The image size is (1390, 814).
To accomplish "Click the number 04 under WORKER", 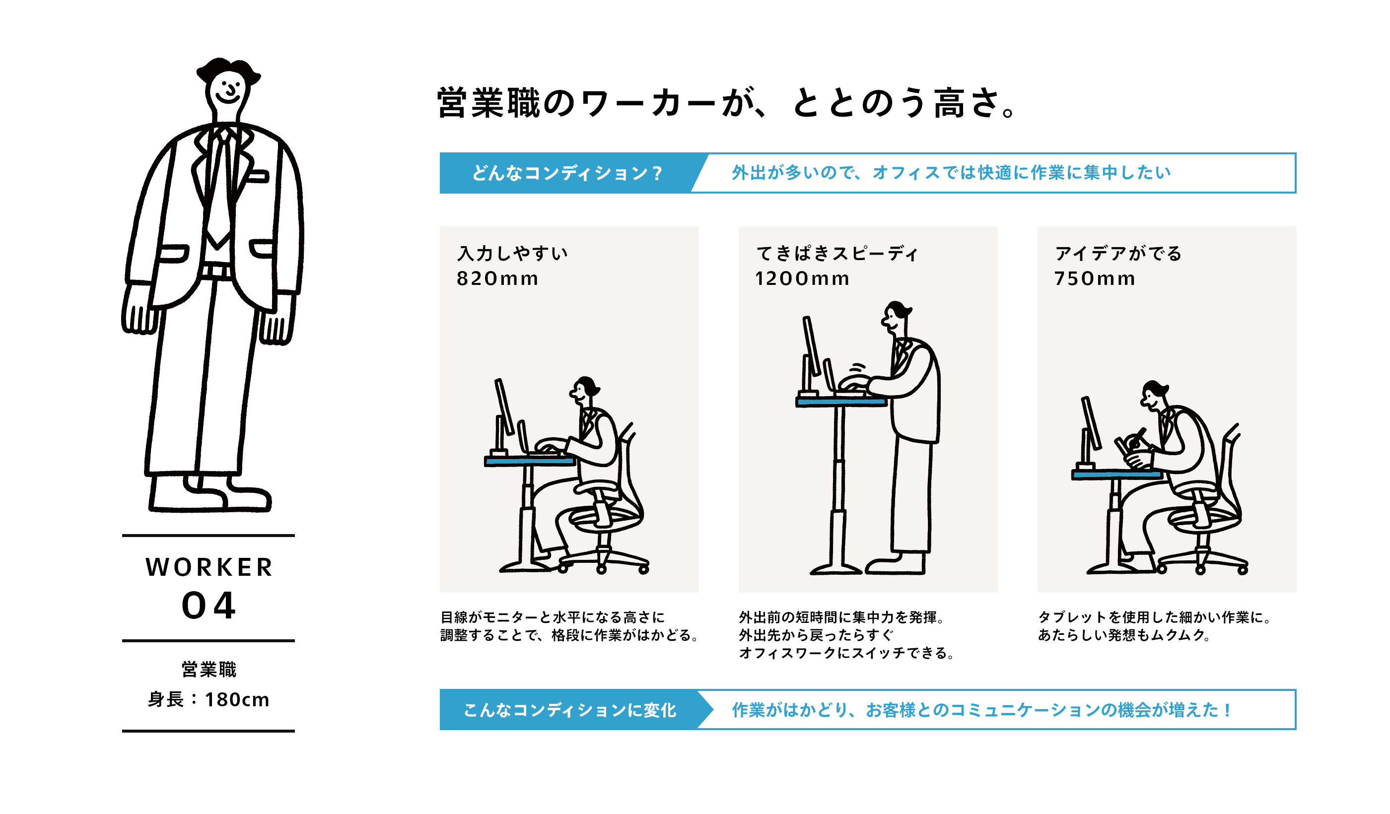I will click(x=208, y=606).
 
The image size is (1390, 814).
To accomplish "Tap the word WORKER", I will click(x=209, y=567).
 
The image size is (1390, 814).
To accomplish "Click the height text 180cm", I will click(x=237, y=700).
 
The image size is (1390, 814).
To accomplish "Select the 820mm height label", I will click(x=497, y=278).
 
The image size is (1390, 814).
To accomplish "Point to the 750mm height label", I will click(x=1095, y=278).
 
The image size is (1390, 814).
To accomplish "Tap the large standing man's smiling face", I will click(x=228, y=91).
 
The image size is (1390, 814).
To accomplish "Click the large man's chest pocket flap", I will click(x=257, y=177).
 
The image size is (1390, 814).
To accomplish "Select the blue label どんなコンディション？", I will click(x=566, y=173).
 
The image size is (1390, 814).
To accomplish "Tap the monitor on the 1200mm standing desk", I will click(x=811, y=347).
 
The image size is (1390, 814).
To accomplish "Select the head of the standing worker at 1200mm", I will click(x=895, y=317).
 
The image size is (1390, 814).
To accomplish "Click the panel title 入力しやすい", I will click(x=512, y=254).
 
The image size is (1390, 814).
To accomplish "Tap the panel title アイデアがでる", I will click(x=1118, y=254).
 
